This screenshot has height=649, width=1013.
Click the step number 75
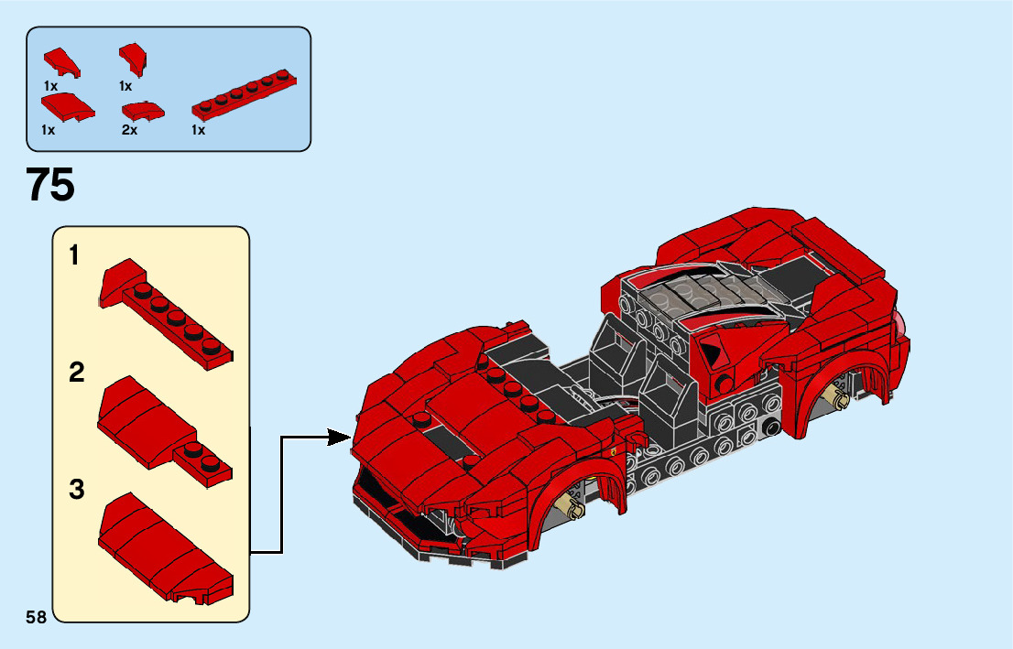51,186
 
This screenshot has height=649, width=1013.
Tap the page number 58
37,617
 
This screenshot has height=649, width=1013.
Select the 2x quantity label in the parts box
129,130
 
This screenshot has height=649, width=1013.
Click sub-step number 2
77,373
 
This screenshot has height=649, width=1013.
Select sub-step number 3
77,490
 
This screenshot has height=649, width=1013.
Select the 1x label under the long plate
198,130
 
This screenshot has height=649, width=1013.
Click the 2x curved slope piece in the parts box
142,111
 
